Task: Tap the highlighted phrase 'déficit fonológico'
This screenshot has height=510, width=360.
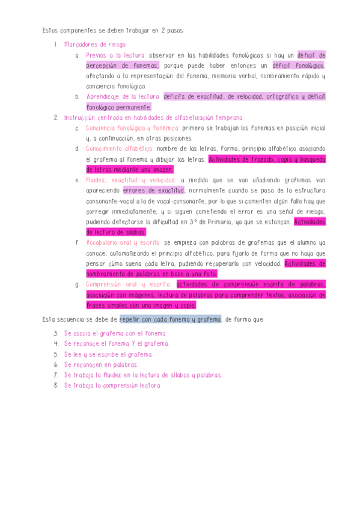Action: click(x=298, y=66)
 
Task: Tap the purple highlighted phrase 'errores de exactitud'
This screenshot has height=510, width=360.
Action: click(x=154, y=191)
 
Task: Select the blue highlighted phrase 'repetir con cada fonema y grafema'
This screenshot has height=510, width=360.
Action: click(x=170, y=319)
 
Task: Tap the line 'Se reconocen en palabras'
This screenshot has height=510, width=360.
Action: click(x=100, y=364)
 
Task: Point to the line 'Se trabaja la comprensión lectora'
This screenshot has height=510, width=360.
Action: click(x=112, y=385)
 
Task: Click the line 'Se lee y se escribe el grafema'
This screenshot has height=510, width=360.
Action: click(x=108, y=354)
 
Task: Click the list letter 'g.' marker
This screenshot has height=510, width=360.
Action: click(x=78, y=285)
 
